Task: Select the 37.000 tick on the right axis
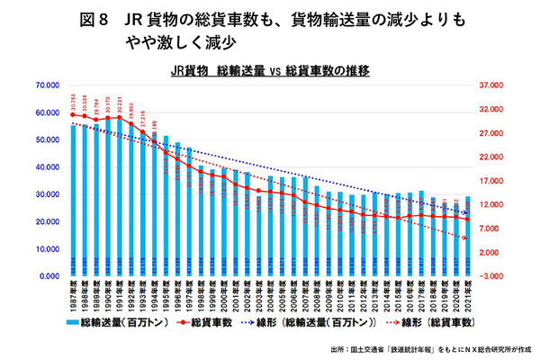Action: (x=496, y=85)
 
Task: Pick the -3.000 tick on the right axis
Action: (x=496, y=276)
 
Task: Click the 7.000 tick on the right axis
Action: (x=496, y=229)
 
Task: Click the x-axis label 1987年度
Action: (x=74, y=293)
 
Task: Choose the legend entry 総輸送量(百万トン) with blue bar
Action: (x=104, y=321)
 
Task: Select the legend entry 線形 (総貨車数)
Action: (x=433, y=321)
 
